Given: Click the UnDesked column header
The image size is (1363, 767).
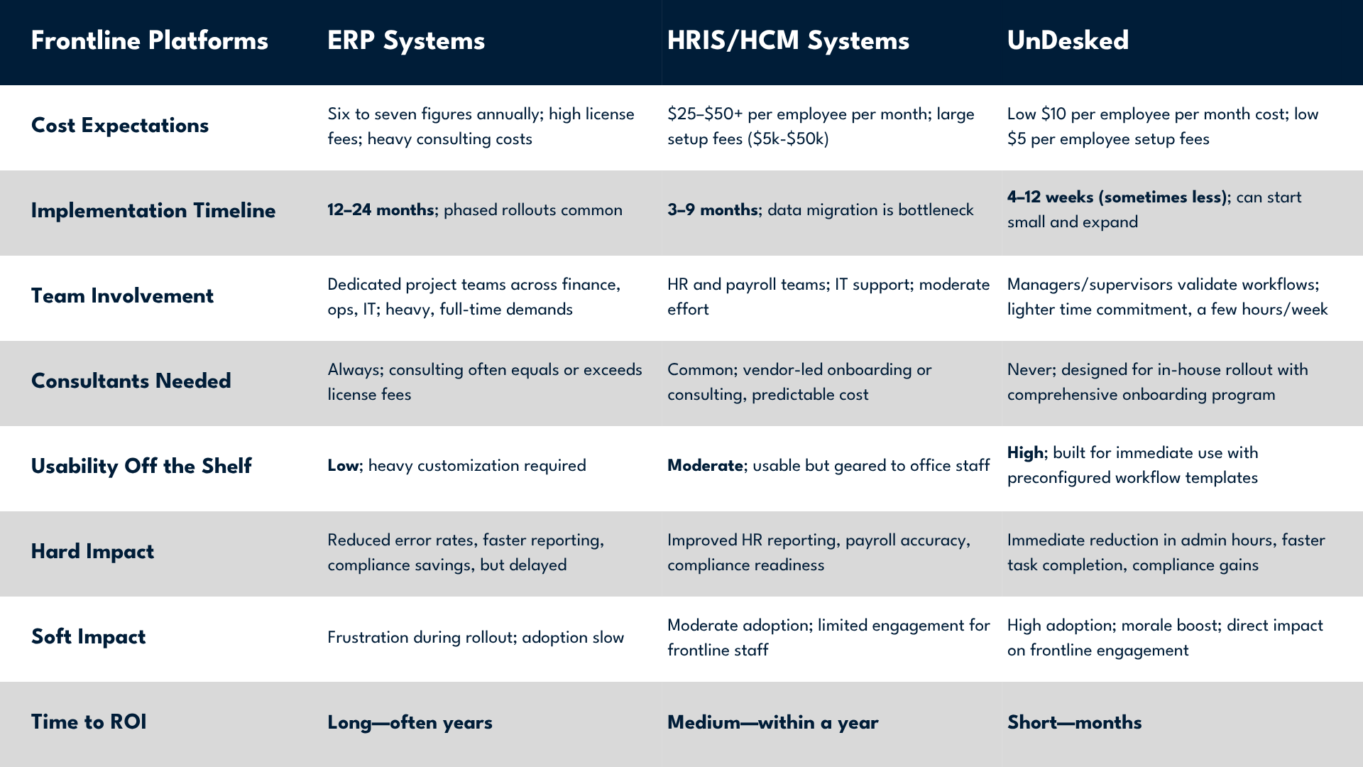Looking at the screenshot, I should (x=1068, y=40).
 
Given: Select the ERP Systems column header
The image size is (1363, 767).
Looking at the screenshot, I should (x=406, y=40).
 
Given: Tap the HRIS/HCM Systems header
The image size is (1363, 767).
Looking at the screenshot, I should (x=788, y=40).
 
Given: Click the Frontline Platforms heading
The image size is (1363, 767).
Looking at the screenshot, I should (x=150, y=40).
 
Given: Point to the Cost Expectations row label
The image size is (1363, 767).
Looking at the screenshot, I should (x=120, y=126).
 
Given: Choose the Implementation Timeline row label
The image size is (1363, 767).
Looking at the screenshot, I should (x=153, y=211).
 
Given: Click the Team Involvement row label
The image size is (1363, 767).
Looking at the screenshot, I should (x=122, y=296).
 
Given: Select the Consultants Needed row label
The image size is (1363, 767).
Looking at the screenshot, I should (x=131, y=381).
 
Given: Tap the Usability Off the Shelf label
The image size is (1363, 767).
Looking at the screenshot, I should (x=141, y=467).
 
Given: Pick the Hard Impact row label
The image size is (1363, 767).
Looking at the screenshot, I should (x=92, y=552).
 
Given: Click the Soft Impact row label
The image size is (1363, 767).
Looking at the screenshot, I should (x=88, y=637).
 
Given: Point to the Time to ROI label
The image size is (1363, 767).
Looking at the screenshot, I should (x=89, y=722).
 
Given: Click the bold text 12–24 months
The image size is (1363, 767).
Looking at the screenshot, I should (x=381, y=210).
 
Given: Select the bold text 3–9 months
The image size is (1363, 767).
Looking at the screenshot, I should (x=713, y=210).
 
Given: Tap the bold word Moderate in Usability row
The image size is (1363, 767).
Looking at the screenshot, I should (x=705, y=466).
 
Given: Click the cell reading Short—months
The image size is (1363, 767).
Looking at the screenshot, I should (x=1074, y=723).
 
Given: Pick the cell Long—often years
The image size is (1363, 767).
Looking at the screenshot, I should (x=410, y=723).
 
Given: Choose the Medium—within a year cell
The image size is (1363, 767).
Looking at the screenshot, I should (x=772, y=723).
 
